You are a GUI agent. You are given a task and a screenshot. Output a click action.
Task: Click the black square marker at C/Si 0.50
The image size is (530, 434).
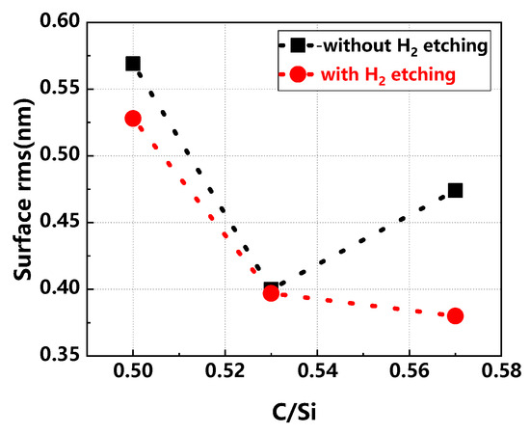(133, 64)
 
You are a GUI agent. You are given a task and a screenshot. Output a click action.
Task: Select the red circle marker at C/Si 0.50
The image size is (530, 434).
(133, 119)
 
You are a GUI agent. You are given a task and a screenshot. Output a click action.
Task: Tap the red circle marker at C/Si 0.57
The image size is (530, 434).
(455, 315)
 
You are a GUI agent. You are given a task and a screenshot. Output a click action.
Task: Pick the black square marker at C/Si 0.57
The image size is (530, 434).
(455, 190)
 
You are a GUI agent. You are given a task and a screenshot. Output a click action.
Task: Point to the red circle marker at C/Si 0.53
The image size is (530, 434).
(271, 292)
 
